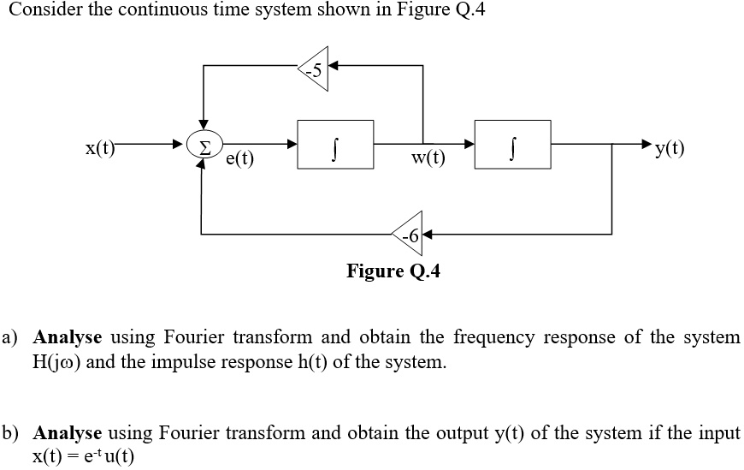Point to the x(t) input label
[101, 147]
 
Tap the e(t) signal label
[239, 158]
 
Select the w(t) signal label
[428, 158]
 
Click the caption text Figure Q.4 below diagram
[393, 271]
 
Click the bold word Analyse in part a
[68, 336]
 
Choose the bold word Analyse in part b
[68, 432]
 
